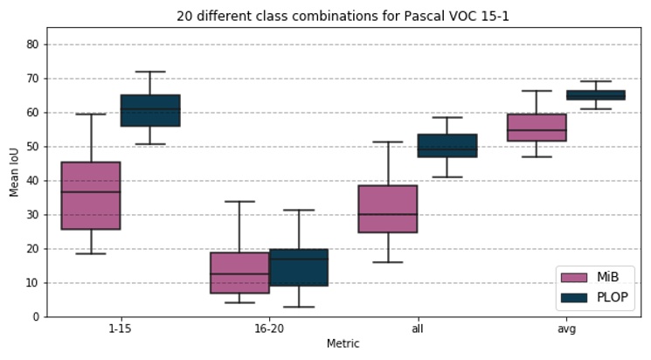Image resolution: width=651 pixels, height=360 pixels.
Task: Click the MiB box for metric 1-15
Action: [91, 196]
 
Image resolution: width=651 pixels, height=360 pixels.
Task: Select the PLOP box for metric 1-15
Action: [150, 110]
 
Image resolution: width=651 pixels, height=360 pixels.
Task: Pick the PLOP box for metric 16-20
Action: [299, 267]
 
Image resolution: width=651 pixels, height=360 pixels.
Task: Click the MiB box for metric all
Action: [388, 209]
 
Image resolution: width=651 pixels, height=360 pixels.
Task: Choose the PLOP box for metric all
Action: [447, 146]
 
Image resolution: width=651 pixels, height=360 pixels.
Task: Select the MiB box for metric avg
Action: [537, 128]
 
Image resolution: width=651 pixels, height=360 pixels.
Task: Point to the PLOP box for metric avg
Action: [596, 95]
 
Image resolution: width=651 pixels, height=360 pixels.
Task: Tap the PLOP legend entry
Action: [594, 297]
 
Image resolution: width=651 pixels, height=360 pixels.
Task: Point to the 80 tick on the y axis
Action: [31, 45]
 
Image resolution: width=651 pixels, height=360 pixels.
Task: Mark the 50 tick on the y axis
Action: [31, 147]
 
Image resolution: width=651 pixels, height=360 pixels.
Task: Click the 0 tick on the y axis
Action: [35, 317]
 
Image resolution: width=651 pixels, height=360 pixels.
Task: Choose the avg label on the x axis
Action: [566, 329]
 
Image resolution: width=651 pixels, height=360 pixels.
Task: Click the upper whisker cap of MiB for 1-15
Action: [91, 114]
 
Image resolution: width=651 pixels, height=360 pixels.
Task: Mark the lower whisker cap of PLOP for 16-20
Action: [299, 307]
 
